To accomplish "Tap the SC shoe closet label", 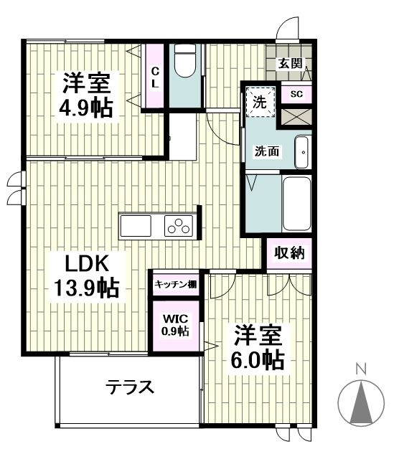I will pyautogui.click(x=296, y=94).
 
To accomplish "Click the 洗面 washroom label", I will pyautogui.click(x=267, y=151).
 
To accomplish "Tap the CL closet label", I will pyautogui.click(x=154, y=77).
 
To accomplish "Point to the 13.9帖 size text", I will pyautogui.click(x=85, y=288).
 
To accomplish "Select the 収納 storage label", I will pyautogui.click(x=289, y=252).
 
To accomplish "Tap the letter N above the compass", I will pyautogui.click(x=362, y=370).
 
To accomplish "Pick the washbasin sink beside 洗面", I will pyautogui.click(x=303, y=151).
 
